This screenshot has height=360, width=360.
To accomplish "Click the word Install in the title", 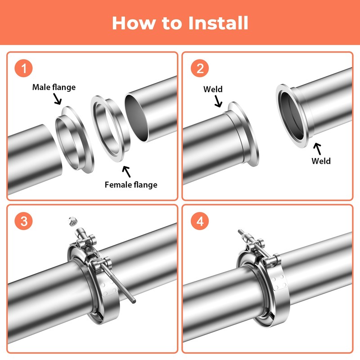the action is [x=218, y=23].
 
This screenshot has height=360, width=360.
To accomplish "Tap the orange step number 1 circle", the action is [x=24, y=68].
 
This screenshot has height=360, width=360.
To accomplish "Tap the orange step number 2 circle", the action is [x=200, y=68].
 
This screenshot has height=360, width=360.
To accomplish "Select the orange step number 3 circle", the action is [x=24, y=221].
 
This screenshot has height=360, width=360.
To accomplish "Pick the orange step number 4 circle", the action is [x=200, y=221].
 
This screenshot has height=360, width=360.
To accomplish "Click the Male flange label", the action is [x=54, y=87].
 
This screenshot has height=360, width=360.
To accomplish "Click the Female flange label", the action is [x=131, y=185].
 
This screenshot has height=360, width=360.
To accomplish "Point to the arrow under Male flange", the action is [x=58, y=99].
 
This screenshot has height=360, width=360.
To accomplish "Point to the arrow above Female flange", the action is [x=126, y=171].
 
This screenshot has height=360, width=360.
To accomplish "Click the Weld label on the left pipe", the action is [x=213, y=89].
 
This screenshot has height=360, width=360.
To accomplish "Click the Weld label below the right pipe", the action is [x=321, y=161].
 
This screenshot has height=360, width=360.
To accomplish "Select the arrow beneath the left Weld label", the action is [x=218, y=101].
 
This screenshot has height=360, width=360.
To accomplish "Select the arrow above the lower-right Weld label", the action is [x=318, y=149].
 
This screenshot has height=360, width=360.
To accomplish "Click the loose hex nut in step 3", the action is [x=73, y=221].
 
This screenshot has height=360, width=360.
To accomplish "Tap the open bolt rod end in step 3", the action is [x=133, y=300].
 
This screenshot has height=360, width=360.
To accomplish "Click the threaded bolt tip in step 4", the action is [x=240, y=231].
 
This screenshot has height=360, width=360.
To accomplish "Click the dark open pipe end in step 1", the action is [x=136, y=117].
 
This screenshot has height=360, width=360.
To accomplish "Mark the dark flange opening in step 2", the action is [x=292, y=116].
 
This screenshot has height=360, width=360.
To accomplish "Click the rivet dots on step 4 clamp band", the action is [x=279, y=282].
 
